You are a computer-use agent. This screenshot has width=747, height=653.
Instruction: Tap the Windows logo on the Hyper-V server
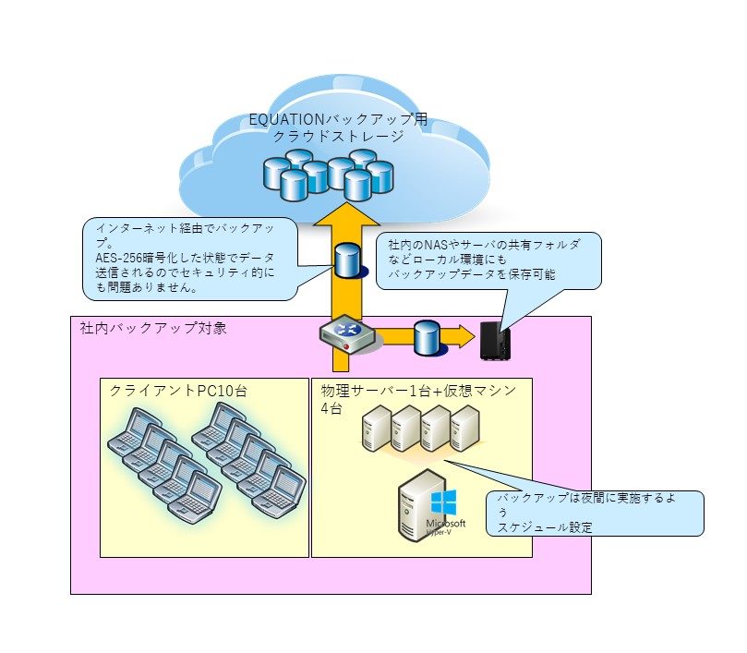click(x=443, y=502)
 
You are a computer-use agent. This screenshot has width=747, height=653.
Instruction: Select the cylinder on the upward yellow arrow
click(x=347, y=260)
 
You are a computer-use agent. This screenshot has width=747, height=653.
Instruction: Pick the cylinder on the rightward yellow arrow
click(x=427, y=337)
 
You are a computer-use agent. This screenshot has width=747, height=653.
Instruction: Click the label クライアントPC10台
click(x=178, y=391)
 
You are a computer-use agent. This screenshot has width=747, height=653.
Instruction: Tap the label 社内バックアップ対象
click(x=153, y=328)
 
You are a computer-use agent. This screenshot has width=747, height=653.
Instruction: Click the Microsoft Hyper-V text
click(x=446, y=526)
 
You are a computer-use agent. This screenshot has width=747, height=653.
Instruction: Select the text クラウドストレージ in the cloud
click(x=338, y=137)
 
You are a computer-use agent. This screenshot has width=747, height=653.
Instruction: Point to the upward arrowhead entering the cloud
click(x=346, y=213)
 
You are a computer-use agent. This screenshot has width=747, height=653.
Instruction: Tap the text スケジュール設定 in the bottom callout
click(x=545, y=527)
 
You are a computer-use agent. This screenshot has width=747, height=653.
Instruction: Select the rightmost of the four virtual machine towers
click(x=465, y=429)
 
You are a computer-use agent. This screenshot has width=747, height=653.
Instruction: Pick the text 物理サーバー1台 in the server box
click(x=376, y=391)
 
